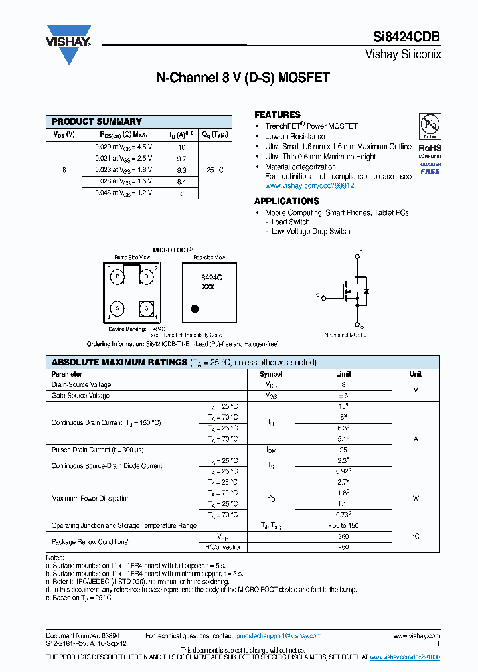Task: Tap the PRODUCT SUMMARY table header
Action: pos(97,122)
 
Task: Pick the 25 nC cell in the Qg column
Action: pos(215,170)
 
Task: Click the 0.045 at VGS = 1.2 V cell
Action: pos(123,193)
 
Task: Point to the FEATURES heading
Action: pos(278,114)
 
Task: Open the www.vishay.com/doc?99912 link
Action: pos(309,186)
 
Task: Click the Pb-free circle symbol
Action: pos(429,124)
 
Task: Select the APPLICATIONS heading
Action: pos(287,201)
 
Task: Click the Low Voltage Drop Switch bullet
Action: pos(310,231)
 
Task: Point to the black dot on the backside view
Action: pos(195,308)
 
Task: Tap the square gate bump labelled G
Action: pos(145,308)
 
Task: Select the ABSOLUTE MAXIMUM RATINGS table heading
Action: pos(119,362)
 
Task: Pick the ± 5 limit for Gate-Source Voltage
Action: pos(343,396)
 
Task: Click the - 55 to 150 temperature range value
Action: pos(343,525)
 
